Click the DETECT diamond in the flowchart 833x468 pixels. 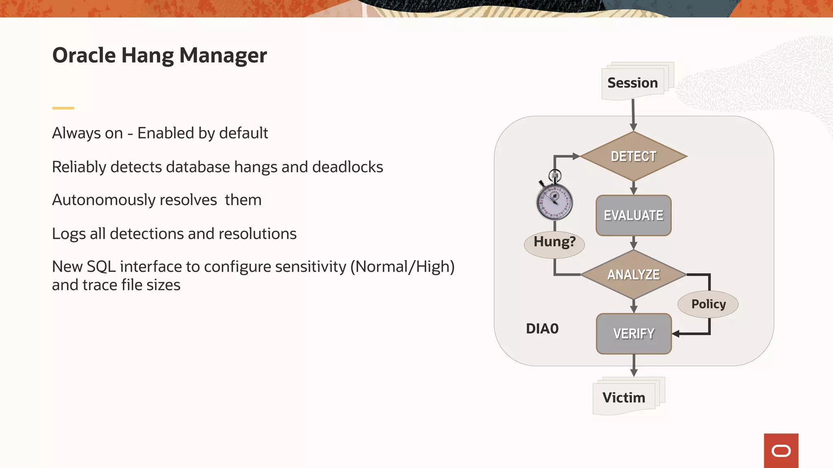pyautogui.click(x=633, y=156)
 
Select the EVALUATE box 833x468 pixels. pyautogui.click(x=633, y=215)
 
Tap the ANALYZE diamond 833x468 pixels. pyautogui.click(x=633, y=275)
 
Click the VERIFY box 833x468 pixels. pyautogui.click(x=633, y=334)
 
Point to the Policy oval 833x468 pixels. pyautogui.click(x=708, y=304)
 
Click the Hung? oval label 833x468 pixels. pyautogui.click(x=554, y=242)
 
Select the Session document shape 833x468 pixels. pyautogui.click(x=632, y=83)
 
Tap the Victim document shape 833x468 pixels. pyautogui.click(x=624, y=397)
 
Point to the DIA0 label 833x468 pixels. pyautogui.click(x=542, y=329)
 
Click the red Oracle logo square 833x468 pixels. pyautogui.click(x=781, y=451)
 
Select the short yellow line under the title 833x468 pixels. pyautogui.click(x=63, y=108)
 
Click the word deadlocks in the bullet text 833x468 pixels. pyautogui.click(x=347, y=167)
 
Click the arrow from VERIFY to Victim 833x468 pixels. pyautogui.click(x=634, y=365)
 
